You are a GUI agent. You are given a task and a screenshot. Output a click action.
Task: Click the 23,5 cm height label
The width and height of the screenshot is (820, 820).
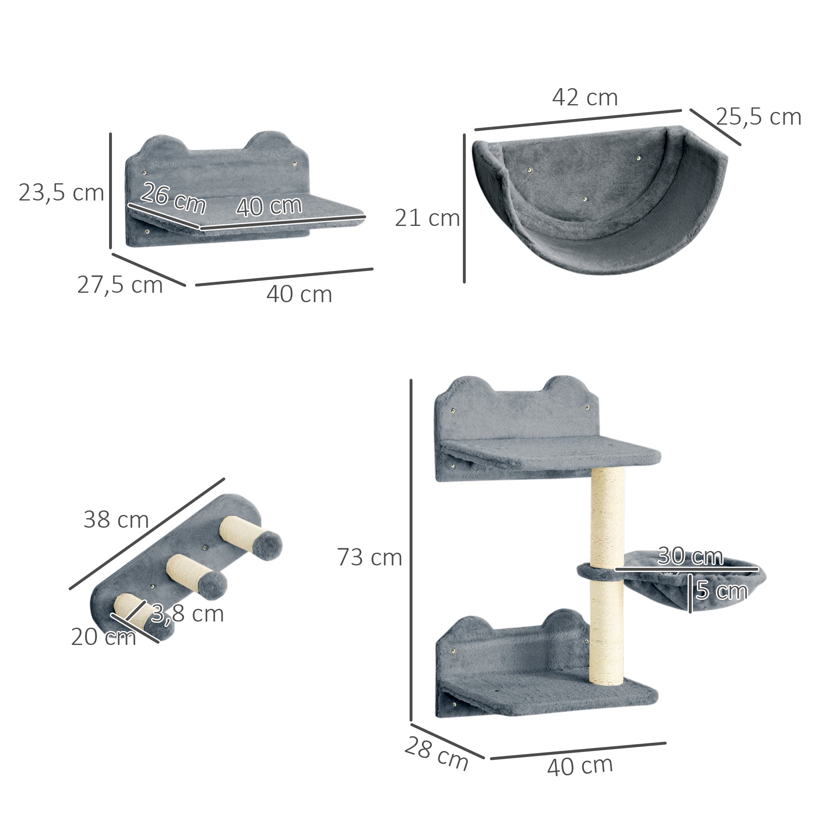tap(61, 193)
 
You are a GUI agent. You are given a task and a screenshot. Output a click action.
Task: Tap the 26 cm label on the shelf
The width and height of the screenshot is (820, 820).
tap(173, 198)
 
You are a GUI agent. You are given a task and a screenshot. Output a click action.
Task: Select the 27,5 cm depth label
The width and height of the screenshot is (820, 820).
tap(120, 285)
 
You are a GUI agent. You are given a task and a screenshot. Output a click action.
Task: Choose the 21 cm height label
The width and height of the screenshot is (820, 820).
tap(427, 218)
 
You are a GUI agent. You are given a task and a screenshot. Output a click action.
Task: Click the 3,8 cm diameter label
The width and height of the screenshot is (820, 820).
tap(187, 614)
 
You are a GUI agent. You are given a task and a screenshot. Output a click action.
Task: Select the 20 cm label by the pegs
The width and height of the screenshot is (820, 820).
tap(103, 637)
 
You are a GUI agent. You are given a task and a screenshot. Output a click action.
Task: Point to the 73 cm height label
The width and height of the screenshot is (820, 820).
tap(369, 557)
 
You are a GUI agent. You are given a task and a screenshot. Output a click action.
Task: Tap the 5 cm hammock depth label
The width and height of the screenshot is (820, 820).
tap(722, 591)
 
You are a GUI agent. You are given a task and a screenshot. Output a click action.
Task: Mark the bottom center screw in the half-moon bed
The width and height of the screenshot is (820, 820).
tap(585, 199)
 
